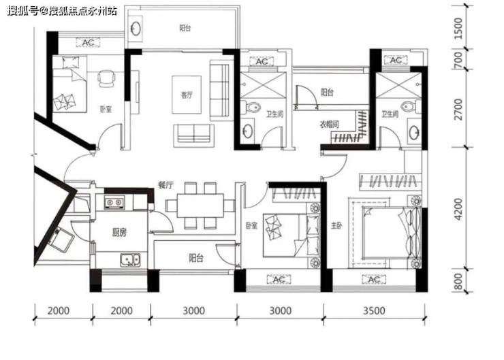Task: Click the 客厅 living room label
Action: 187,95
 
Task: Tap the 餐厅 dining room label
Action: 166,185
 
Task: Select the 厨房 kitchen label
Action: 119,232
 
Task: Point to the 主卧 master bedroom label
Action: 336,226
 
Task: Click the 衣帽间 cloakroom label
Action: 329,125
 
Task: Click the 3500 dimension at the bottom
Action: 374,310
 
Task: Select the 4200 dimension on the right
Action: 458,209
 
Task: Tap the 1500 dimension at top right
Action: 458,29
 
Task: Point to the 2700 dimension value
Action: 458,109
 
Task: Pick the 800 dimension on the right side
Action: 458,281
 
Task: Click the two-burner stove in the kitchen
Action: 114,202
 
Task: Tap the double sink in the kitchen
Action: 130,260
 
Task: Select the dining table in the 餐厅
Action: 200,206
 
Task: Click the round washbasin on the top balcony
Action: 136,29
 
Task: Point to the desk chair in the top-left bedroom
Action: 106,78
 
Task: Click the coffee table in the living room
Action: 187,95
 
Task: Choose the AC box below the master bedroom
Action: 374,280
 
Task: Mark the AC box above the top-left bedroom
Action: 88,42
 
